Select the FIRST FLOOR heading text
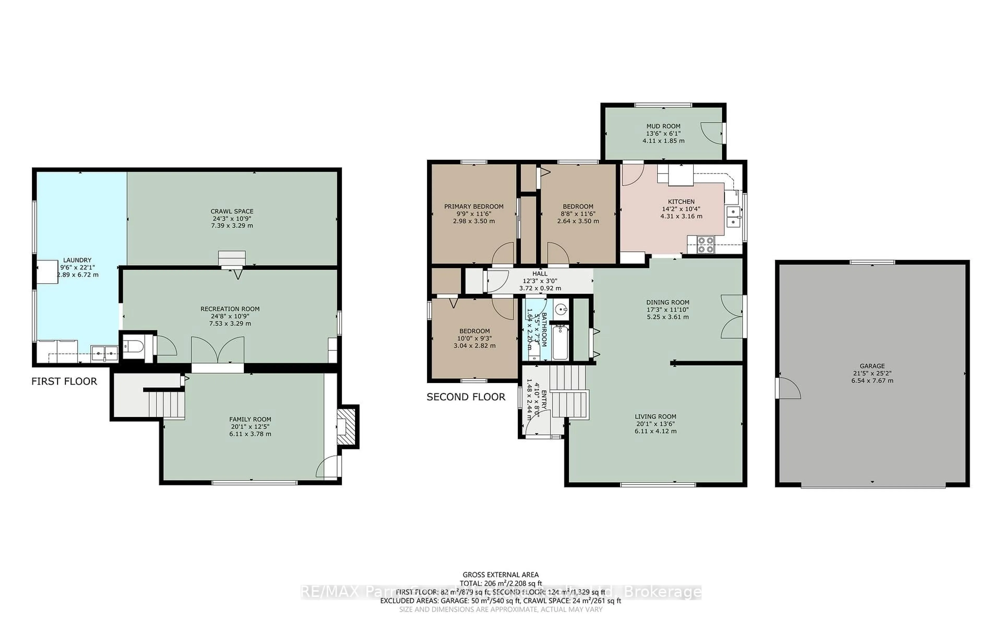pyautogui.click(x=64, y=381)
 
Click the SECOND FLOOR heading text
pyautogui.click(x=466, y=397)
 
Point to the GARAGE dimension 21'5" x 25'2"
pyautogui.click(x=872, y=373)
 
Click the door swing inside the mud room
pyautogui.click(x=711, y=133)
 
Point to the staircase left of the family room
pyautogui.click(x=166, y=405)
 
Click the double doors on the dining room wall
pyautogui.click(x=732, y=317)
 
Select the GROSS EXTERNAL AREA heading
pyautogui.click(x=500, y=575)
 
